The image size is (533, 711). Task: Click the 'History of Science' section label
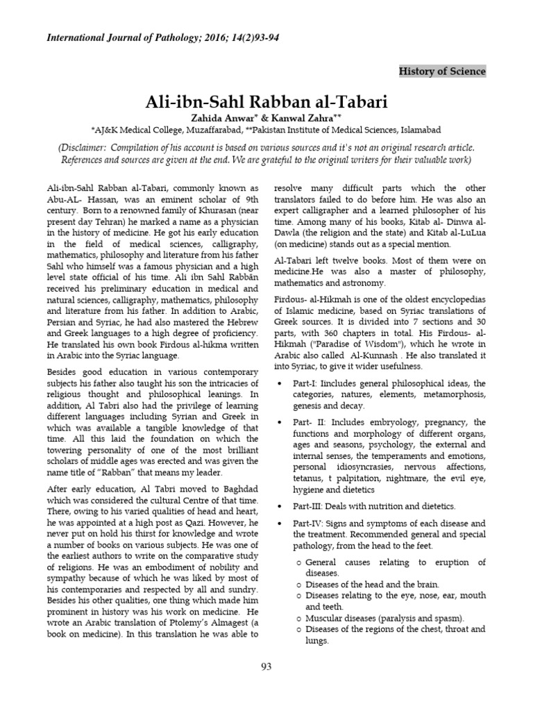tap(442, 72)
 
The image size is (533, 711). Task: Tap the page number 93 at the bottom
tap(266, 667)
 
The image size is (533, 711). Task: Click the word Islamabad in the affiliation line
tap(418, 129)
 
